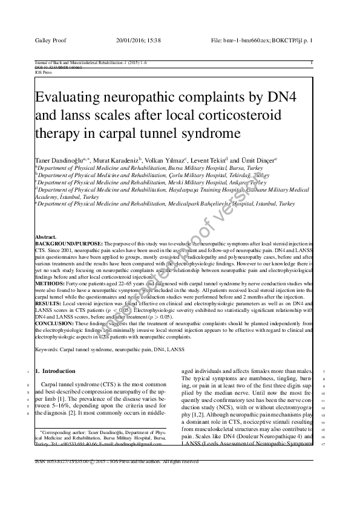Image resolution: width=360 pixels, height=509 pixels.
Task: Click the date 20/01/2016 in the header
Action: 131,41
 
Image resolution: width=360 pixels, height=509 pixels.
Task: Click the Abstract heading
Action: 46,236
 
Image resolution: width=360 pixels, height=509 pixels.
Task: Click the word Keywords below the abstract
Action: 48,349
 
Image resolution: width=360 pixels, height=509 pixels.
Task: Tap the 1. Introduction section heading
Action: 56,371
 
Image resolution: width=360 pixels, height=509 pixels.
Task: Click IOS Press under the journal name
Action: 44,71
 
